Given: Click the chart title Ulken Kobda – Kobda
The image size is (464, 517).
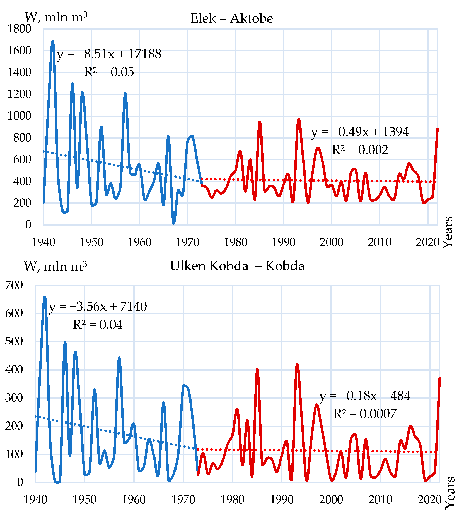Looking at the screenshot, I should (x=237, y=266).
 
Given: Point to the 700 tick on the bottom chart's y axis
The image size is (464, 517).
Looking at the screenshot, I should (x=14, y=285).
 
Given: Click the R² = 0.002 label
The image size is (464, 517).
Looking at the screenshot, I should (x=360, y=150).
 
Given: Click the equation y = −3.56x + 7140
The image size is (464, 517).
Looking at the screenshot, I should (x=98, y=306).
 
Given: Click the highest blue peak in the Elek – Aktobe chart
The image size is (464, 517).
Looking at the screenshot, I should (x=53, y=42).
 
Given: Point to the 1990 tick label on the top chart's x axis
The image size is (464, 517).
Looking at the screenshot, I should (x=284, y=242).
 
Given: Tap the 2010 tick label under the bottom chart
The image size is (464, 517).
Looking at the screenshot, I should (x=380, y=500).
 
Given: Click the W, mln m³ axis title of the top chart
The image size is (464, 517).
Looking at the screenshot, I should (x=56, y=17).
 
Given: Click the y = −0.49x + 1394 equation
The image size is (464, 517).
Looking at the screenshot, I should (x=360, y=132).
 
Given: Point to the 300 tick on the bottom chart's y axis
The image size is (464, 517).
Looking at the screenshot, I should (x=14, y=398).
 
